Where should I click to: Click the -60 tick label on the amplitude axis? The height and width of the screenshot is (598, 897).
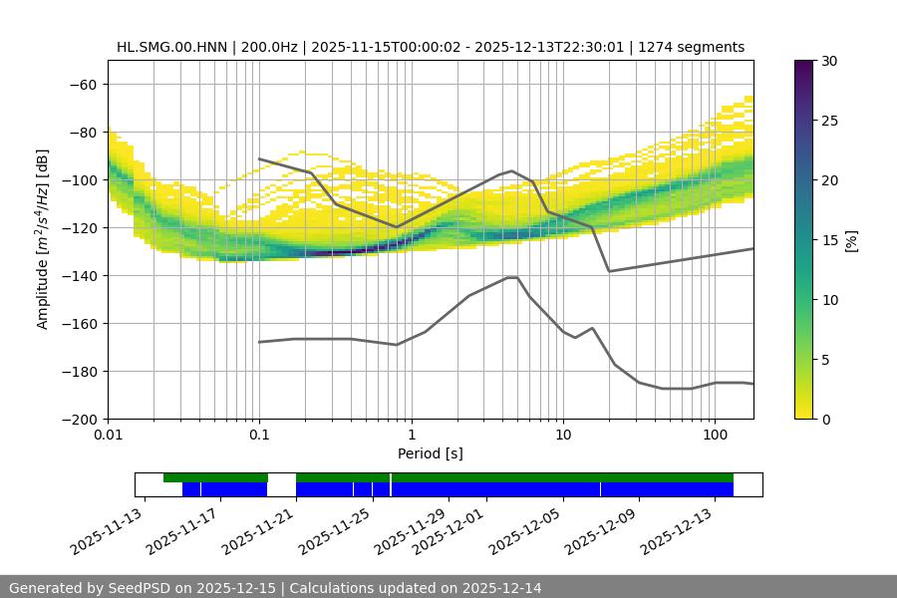pyautogui.click(x=84, y=84)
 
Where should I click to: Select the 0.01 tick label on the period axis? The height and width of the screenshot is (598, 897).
pyautogui.click(x=108, y=436)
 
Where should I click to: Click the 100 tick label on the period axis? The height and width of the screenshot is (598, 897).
pyautogui.click(x=714, y=436)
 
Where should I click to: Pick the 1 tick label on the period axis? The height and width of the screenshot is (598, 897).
pyautogui.click(x=411, y=436)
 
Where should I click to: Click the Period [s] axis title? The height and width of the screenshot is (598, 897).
pyautogui.click(x=430, y=453)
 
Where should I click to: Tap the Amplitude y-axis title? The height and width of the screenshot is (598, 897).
pyautogui.click(x=43, y=239)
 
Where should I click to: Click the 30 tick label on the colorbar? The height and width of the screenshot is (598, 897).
pyautogui.click(x=828, y=61)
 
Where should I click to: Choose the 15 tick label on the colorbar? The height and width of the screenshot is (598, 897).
pyautogui.click(x=828, y=240)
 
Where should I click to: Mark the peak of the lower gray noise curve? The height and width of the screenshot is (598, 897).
pyautogui.click(x=512, y=277)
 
